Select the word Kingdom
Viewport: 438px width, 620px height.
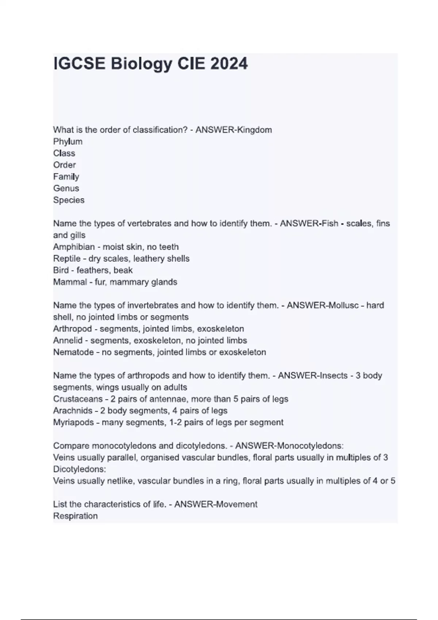[x=254, y=130]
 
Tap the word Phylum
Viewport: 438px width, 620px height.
[x=68, y=142]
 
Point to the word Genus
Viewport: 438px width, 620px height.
[x=66, y=188]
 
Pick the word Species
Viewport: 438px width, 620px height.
[x=69, y=200]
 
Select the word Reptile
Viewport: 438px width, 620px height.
[x=67, y=259]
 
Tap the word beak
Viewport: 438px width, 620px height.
[x=123, y=270]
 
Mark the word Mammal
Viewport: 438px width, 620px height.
[x=70, y=282]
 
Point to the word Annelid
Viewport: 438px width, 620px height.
[x=68, y=340]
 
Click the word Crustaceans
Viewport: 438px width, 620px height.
[x=78, y=399]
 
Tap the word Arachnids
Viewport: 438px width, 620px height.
[x=73, y=411]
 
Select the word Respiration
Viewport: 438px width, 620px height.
[x=75, y=516]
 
